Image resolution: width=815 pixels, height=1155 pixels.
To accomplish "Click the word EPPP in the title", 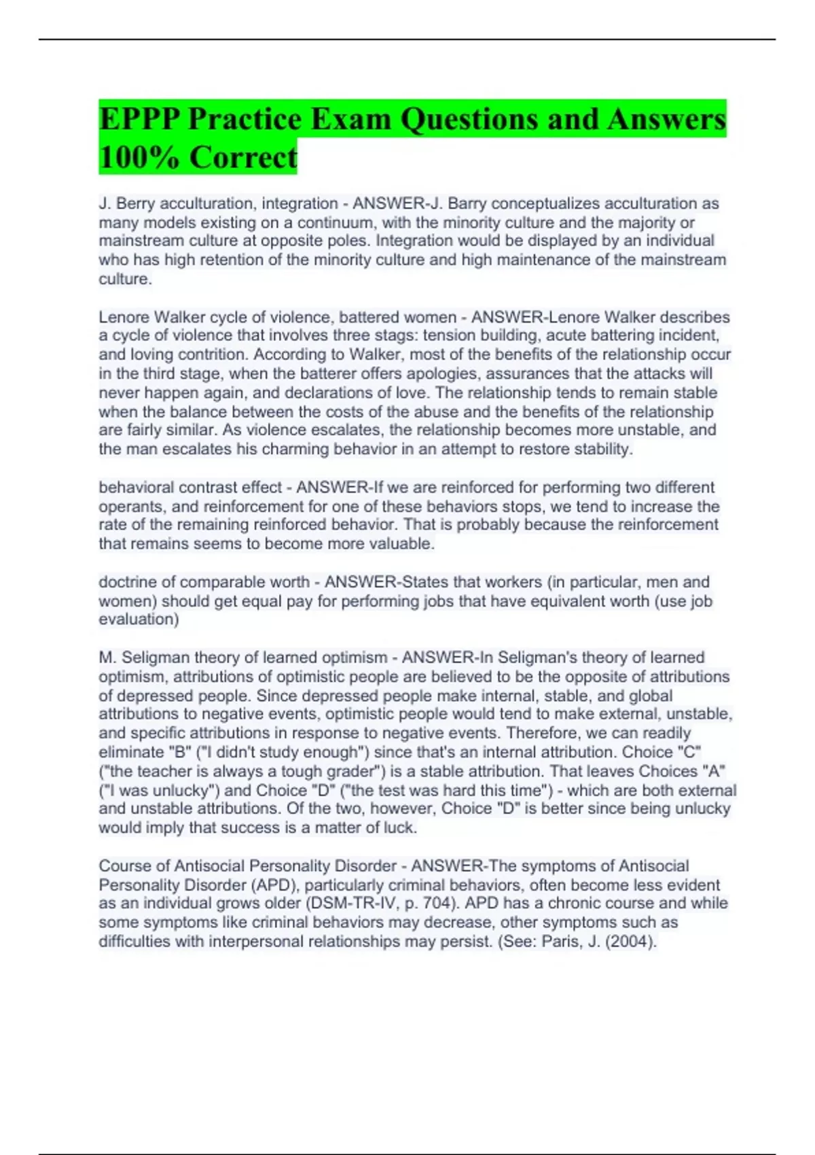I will [x=139, y=120].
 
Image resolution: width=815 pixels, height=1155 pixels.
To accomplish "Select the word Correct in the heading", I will [x=243, y=158].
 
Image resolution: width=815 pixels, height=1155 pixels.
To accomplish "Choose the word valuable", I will [x=401, y=544].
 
